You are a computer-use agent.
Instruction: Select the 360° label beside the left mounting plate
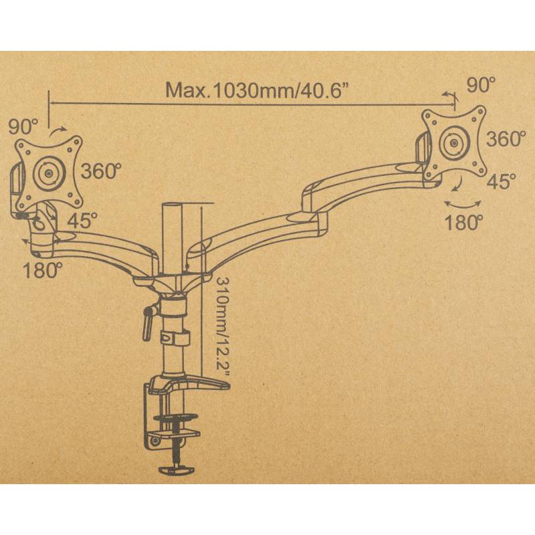pos(101,171)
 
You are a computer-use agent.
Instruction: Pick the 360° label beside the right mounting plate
pos(506,138)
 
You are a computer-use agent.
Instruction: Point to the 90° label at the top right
pos(481,85)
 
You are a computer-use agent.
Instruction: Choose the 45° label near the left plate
pos(82,221)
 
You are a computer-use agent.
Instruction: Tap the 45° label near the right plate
pos(501,181)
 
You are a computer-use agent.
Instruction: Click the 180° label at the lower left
pos(43,270)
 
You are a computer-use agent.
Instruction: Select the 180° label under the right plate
pos(464,222)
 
